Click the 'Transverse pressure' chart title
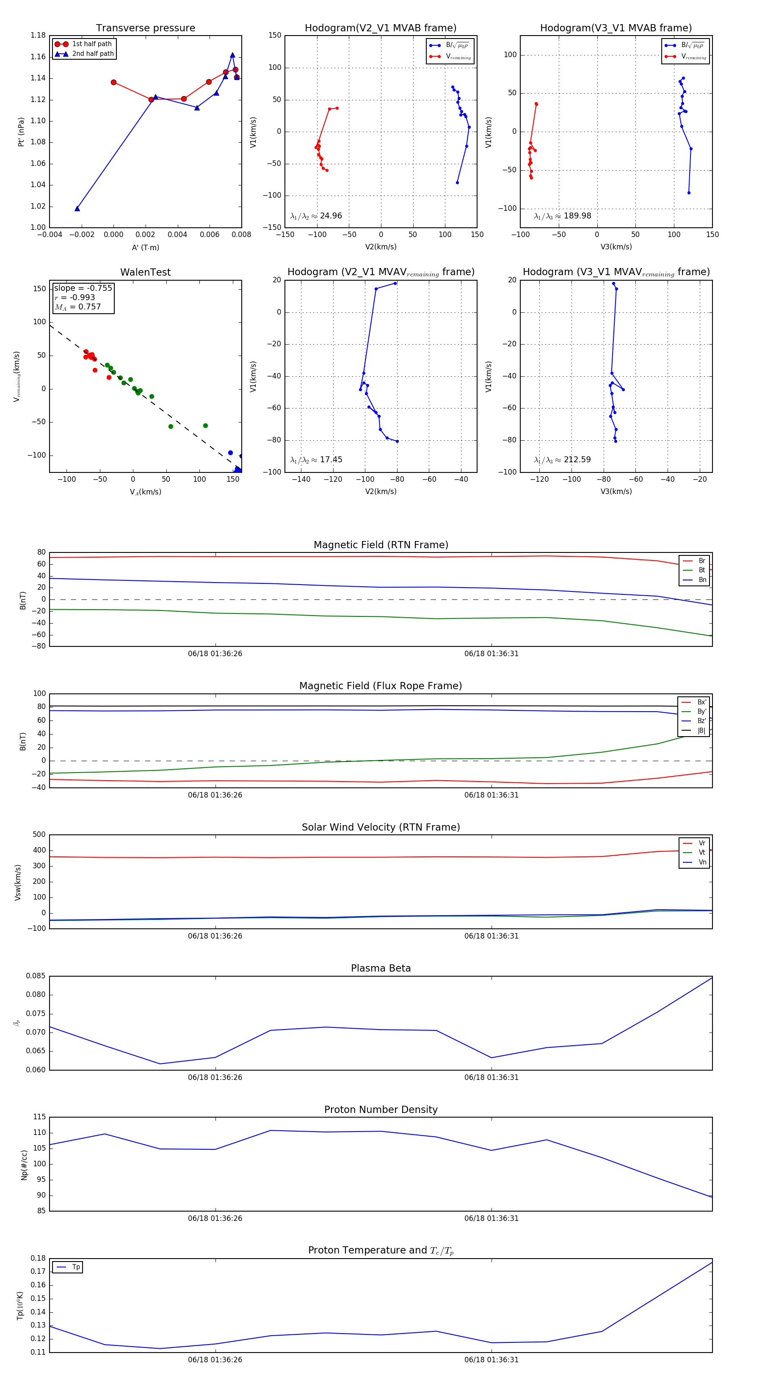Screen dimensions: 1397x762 point(145,28)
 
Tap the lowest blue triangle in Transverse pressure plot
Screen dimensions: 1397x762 point(77,209)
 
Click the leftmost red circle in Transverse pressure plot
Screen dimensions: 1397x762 point(113,83)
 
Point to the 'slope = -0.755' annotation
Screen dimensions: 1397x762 point(83,288)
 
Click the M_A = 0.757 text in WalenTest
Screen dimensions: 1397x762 point(77,307)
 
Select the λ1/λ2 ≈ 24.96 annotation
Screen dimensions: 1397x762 point(316,216)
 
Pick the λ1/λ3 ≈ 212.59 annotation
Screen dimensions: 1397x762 point(563,460)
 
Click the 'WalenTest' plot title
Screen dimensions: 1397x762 point(145,272)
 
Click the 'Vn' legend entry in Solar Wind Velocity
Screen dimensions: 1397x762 point(702,862)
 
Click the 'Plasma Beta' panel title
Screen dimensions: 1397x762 point(381,968)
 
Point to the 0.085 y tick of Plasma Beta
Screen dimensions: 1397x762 point(36,976)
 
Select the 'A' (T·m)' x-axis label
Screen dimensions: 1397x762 point(145,248)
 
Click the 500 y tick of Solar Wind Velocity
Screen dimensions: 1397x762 point(39,835)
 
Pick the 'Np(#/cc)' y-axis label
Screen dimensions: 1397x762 point(24,1165)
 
